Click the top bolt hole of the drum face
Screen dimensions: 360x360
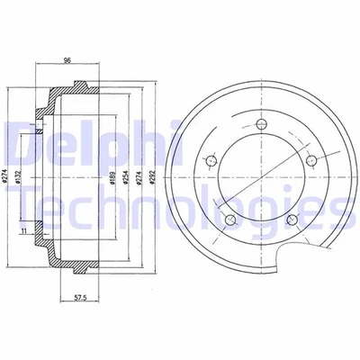[x=262, y=124]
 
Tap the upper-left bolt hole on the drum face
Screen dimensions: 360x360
[x=211, y=161]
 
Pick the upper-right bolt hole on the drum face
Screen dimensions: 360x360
[x=312, y=161]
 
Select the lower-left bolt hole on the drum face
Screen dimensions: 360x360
[x=230, y=219]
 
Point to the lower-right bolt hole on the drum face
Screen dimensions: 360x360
[x=292, y=220]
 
